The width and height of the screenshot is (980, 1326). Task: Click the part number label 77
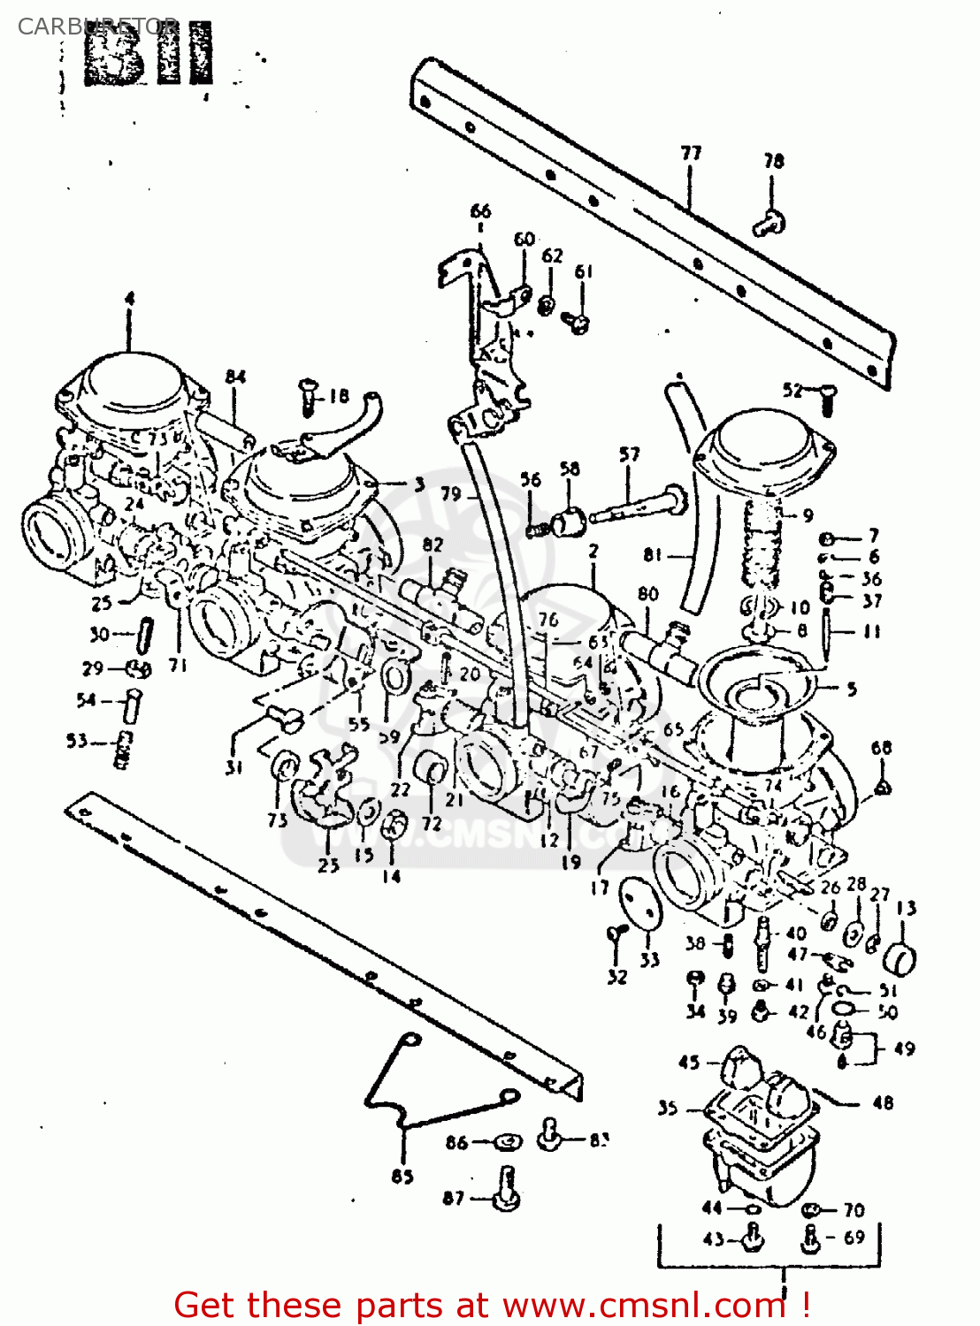coord(691,153)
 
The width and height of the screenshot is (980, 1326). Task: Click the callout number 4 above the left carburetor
coord(130,299)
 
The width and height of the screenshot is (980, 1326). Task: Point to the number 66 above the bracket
coord(480,211)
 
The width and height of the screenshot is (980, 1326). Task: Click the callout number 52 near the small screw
coord(792,391)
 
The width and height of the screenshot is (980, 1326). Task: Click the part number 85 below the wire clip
coord(402,1177)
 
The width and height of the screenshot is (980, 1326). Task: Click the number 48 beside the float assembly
coord(882,1103)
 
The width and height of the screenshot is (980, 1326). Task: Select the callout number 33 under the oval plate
coord(650,960)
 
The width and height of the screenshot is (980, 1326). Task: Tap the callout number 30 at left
coord(98,634)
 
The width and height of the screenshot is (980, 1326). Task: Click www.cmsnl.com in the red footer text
coord(644,1306)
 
